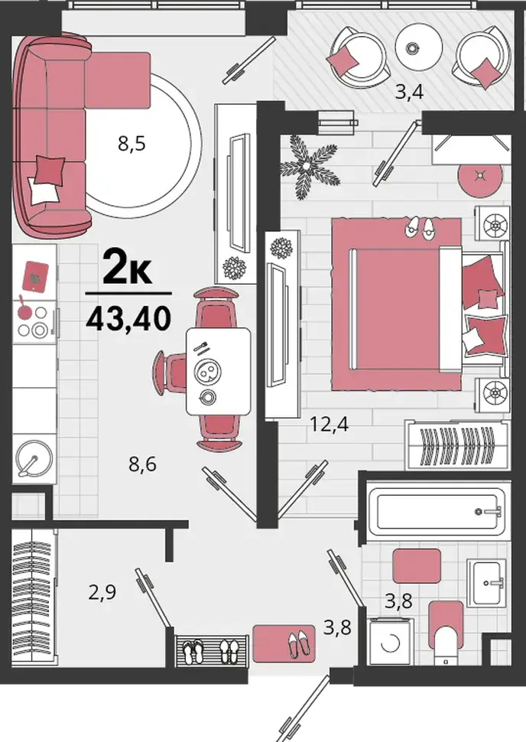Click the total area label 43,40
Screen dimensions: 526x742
(x=128, y=318)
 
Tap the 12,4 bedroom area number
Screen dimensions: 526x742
(x=329, y=424)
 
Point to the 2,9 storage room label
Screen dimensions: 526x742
(x=102, y=592)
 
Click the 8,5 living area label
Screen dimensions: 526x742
(x=131, y=143)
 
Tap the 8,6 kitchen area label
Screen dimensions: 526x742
(x=142, y=464)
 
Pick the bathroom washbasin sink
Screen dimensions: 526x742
(x=487, y=582)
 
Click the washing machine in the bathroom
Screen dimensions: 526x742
(x=390, y=642)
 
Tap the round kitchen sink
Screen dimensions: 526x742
(x=34, y=459)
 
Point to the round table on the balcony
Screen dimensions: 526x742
(x=419, y=47)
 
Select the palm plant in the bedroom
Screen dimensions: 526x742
(x=309, y=167)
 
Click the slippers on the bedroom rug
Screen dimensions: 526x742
(x=420, y=226)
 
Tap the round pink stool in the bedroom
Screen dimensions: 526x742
(x=479, y=176)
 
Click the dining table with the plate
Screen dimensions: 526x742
(x=218, y=372)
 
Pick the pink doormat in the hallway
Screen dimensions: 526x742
(x=284, y=643)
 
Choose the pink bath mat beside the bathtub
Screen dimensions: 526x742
(x=417, y=566)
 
